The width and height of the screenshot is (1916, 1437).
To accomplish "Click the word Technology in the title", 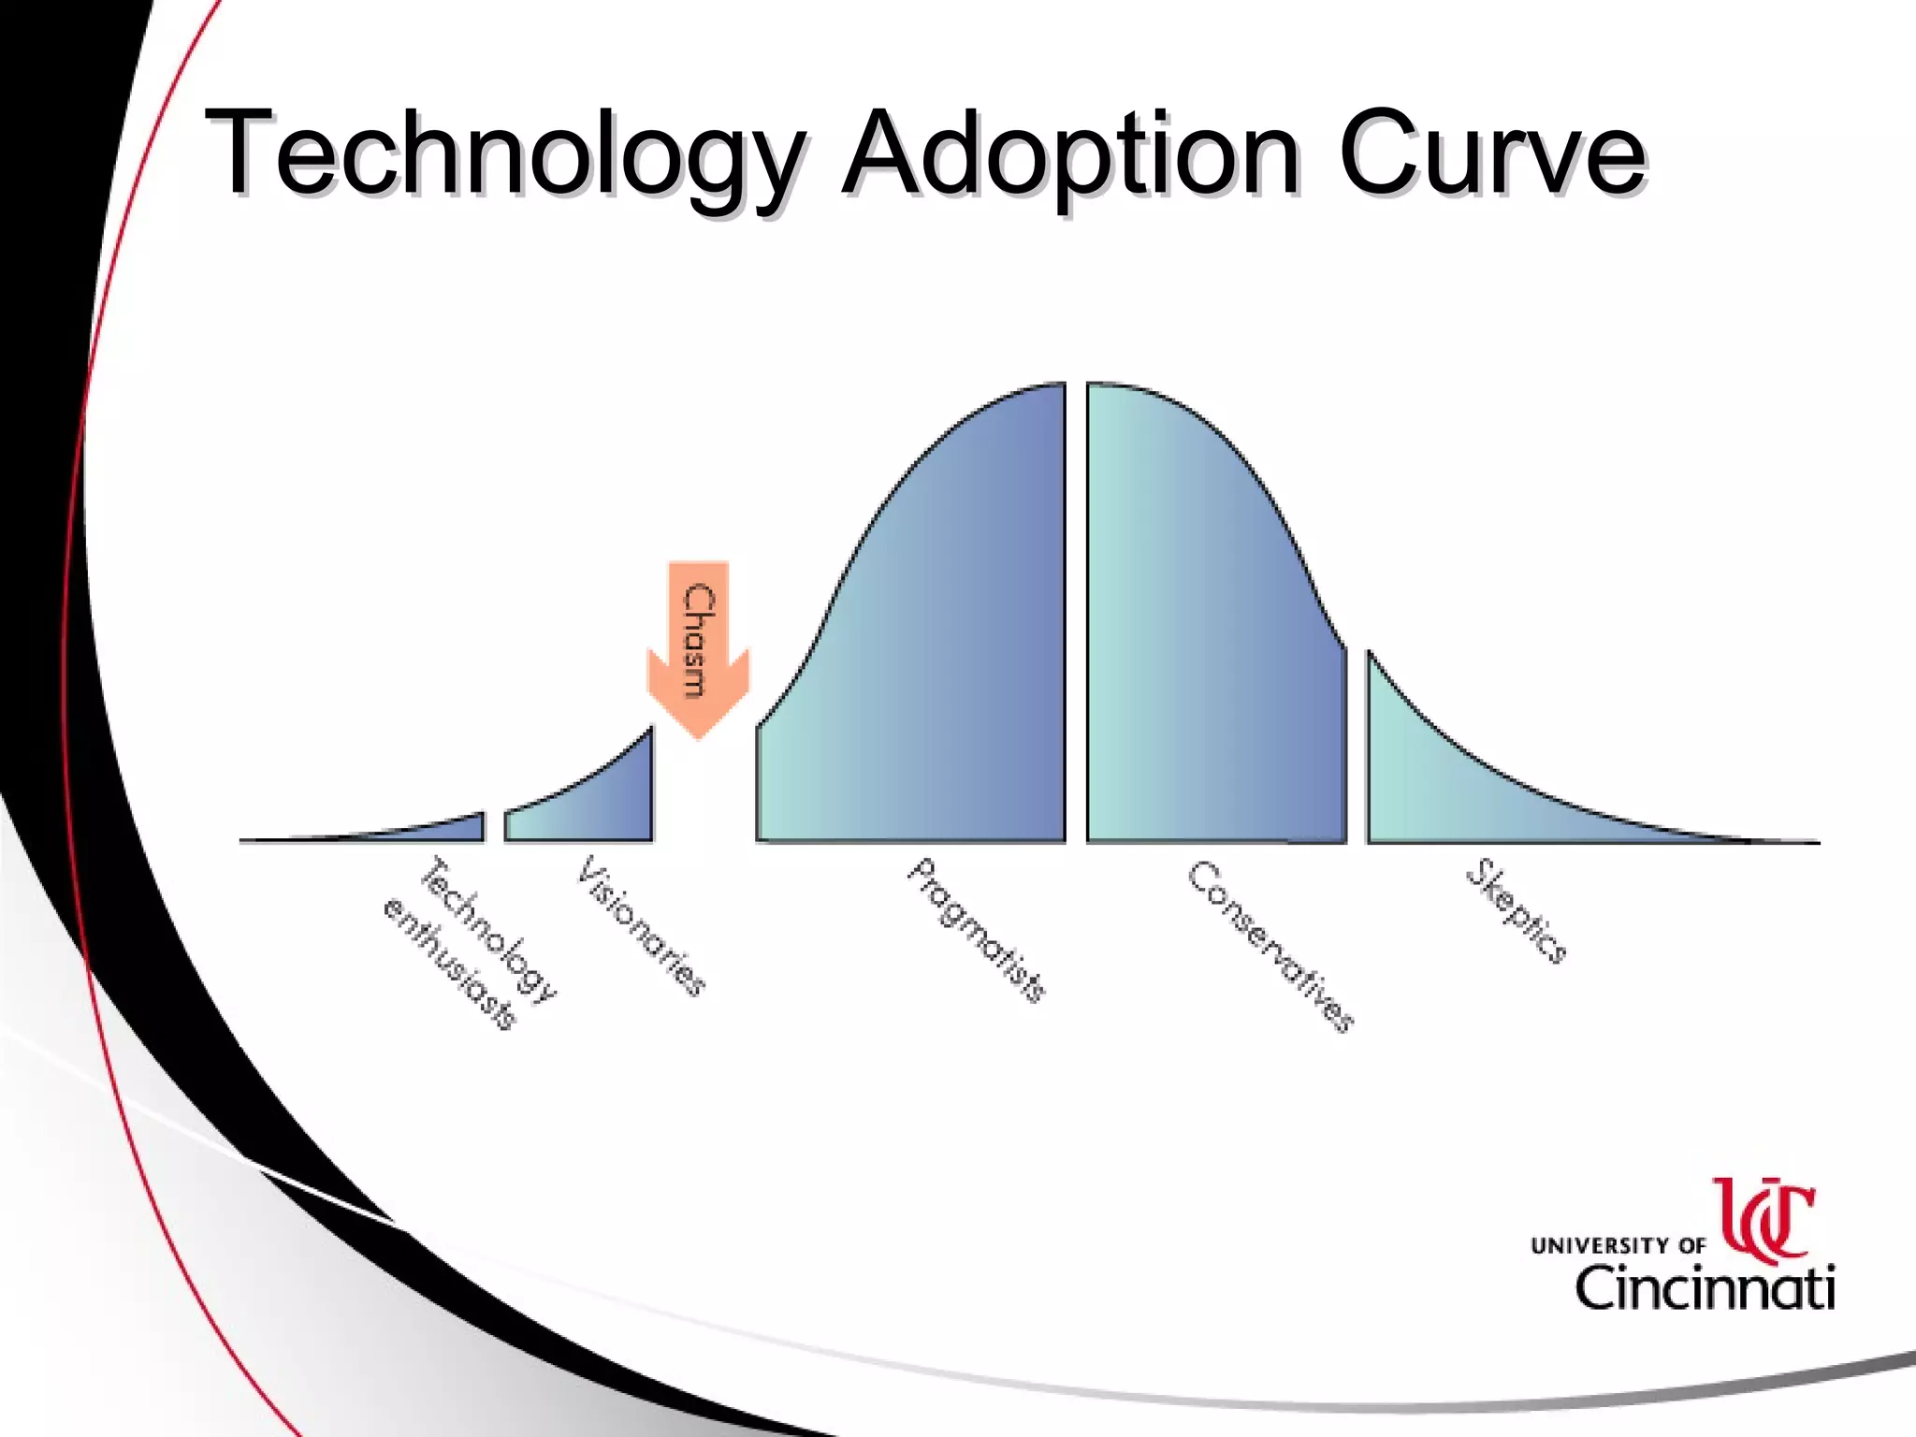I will (x=502, y=154).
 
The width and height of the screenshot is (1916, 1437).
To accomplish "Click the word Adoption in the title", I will (x=1070, y=154).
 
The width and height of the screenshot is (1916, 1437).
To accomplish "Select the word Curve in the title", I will (x=1491, y=154).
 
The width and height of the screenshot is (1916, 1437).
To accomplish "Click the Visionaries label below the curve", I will (x=642, y=926).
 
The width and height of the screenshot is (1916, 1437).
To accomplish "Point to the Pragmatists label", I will (x=977, y=930).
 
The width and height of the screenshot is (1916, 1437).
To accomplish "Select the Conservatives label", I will (x=1270, y=946).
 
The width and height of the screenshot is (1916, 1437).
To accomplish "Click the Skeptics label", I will (x=1516, y=911).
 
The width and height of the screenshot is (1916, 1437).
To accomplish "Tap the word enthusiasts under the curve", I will (x=450, y=964).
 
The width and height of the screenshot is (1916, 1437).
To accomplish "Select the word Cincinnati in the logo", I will (x=1705, y=1289).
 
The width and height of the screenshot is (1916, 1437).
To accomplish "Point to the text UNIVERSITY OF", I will (x=1618, y=1245).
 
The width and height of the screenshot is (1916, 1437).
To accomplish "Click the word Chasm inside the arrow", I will (x=698, y=641).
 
